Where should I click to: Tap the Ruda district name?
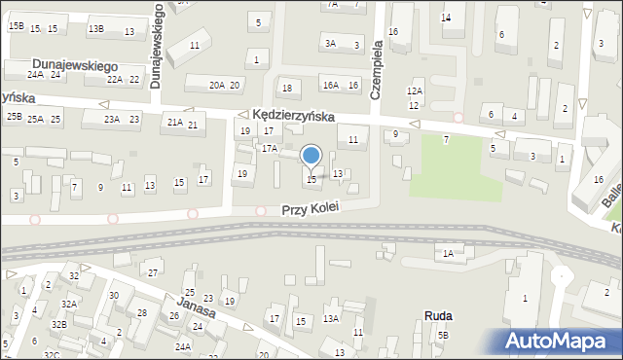click(438, 315)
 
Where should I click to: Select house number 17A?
click(270, 148)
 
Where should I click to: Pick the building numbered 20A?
click(216, 86)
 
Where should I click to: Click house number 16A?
click(331, 86)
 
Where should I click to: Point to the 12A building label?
click(414, 90)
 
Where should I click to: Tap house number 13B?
click(95, 29)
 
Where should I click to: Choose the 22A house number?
click(115, 80)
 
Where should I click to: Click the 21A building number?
click(174, 123)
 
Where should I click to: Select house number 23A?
click(112, 120)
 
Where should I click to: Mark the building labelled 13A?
click(331, 318)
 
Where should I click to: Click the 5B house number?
click(443, 336)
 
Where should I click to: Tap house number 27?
click(152, 271)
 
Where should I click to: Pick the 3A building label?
click(331, 43)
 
